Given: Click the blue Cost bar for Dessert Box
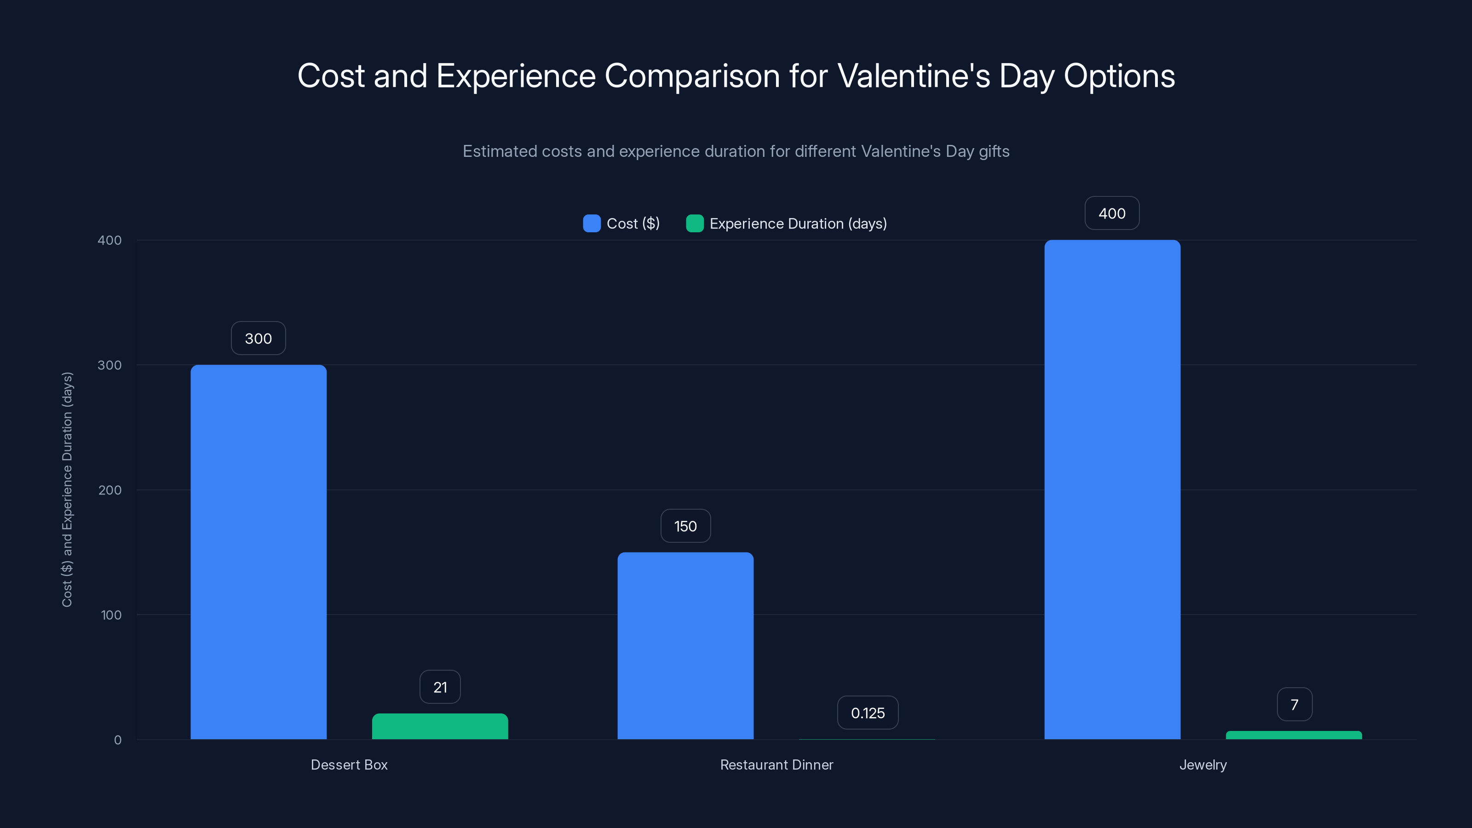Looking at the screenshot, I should (258, 552).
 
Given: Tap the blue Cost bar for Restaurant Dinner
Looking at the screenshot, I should (685, 646).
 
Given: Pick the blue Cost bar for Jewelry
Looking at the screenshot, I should (1112, 489).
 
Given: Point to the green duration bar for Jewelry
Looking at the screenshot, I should (1294, 735).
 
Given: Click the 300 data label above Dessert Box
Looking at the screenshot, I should (258, 338).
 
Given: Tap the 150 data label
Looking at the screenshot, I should (685, 526).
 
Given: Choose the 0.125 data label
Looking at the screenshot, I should (868, 713).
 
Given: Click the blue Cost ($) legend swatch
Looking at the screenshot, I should (592, 224).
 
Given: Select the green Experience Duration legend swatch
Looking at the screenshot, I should (694, 224).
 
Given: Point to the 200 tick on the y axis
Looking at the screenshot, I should (110, 490).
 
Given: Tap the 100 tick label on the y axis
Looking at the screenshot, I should (111, 615).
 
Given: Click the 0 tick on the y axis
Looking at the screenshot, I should (118, 740).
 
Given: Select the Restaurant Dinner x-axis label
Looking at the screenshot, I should (776, 765).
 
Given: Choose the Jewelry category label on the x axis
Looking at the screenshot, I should (1203, 765).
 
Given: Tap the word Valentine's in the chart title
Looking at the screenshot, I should (914, 76).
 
